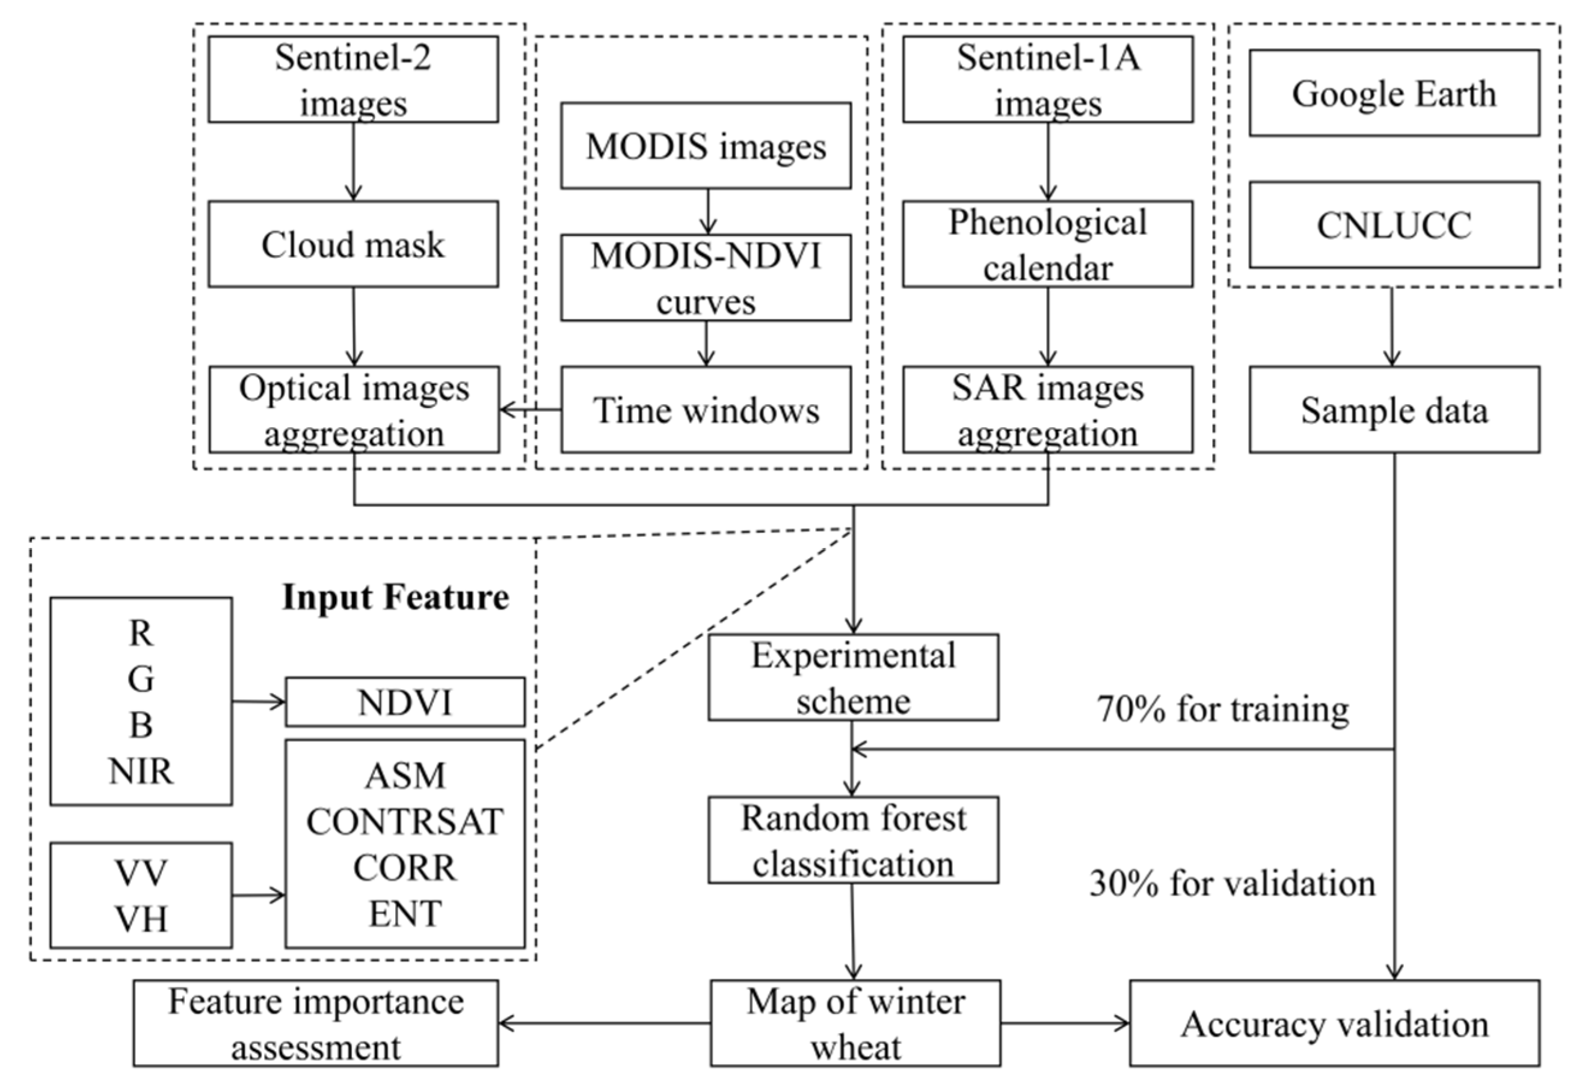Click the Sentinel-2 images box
(352, 79)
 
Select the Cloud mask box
(352, 244)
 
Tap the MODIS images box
(706, 146)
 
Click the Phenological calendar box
(1047, 244)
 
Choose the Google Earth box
(1394, 93)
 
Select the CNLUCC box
(1394, 225)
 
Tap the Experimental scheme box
(853, 677)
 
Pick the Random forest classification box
(853, 840)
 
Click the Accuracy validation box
(1334, 1023)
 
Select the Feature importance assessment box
(316, 1023)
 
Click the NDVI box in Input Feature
(404, 702)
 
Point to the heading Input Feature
(396, 597)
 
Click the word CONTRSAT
(404, 821)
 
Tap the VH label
(141, 919)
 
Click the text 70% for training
(1223, 709)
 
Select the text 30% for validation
(1232, 883)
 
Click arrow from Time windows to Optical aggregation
(531, 410)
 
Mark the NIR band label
(141, 771)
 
